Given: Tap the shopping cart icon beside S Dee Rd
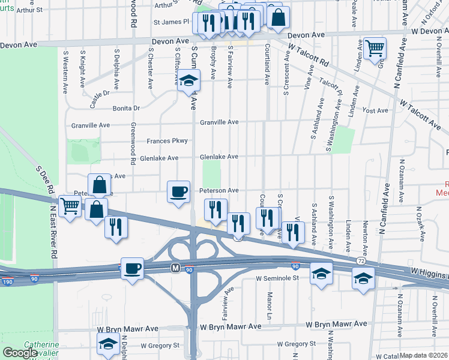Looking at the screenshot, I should pos(70,206).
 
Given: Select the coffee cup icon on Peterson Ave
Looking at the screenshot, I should pos(178,192).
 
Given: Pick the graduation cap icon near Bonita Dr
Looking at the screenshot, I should pos(188,81).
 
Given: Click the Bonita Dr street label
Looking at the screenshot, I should pos(126,109).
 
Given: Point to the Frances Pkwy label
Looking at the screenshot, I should pos(167,141).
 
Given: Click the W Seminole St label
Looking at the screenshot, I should pos(277,278).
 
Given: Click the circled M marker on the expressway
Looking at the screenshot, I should pos(176,267).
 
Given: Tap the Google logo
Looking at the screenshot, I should pos(20,353).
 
